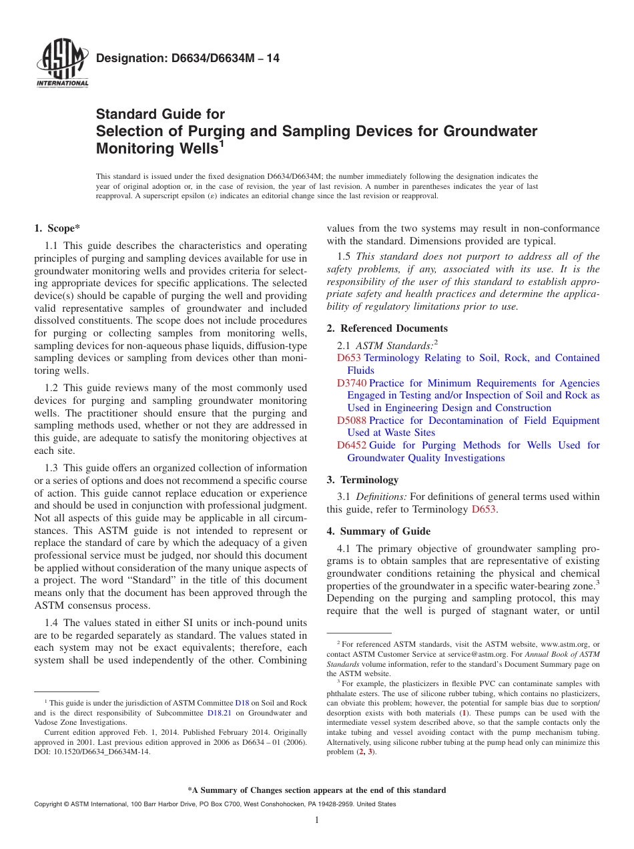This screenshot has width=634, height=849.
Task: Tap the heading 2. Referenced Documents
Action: [387, 328]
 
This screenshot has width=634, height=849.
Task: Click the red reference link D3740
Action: [352, 383]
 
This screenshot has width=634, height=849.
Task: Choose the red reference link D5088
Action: [352, 420]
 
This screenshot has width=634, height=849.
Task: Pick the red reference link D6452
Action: [352, 445]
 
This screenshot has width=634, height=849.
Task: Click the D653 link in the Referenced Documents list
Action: [348, 358]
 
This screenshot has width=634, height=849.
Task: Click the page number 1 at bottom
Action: [317, 820]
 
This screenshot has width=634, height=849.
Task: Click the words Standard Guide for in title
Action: [161, 114]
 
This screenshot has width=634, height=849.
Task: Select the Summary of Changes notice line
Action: [317, 790]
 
